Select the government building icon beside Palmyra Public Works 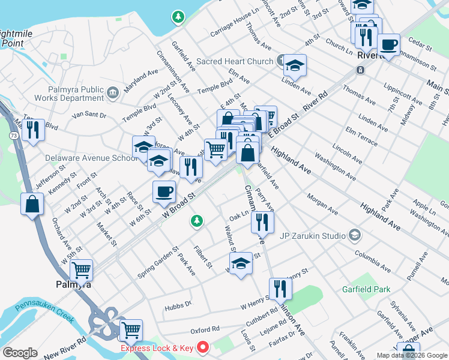[113, 94]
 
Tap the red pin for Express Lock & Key [203, 347]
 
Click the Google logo [20, 353]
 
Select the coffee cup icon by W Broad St [164, 192]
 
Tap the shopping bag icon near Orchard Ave [32, 204]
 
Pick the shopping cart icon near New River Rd [130, 330]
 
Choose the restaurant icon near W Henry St [280, 289]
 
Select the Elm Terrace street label [361, 137]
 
